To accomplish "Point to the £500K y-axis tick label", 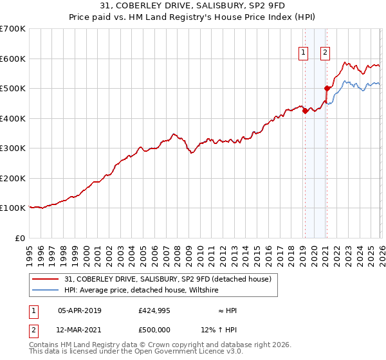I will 13,89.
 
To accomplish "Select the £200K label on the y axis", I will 13,178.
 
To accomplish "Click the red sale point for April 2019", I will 305,111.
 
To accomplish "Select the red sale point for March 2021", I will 327,89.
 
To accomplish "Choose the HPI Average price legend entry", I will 142,291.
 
